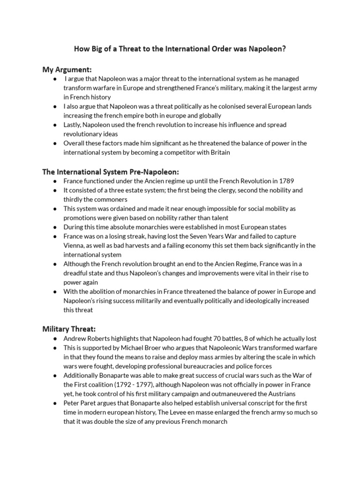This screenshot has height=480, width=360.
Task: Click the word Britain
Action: [x=219, y=152]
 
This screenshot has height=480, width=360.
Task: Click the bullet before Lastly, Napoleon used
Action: [x=55, y=125]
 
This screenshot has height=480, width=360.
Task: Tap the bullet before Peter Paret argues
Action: [x=55, y=403]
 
